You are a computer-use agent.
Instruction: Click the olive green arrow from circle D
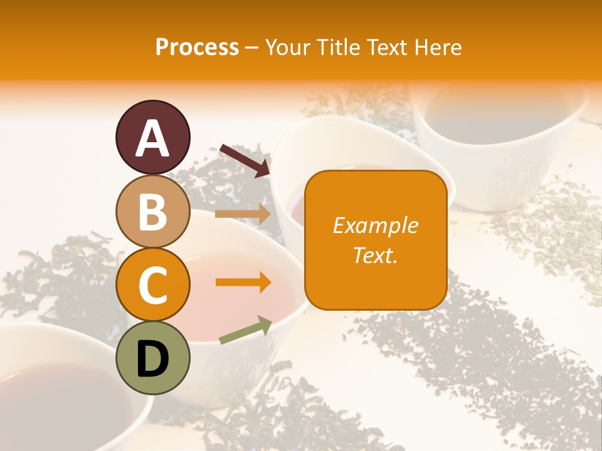(x=245, y=330)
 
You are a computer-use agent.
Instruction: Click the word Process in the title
(x=197, y=47)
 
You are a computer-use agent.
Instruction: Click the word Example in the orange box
(x=376, y=225)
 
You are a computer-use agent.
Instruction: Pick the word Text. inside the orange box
(x=376, y=255)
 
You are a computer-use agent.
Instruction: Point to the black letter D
(x=152, y=359)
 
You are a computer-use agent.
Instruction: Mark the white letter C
(x=152, y=286)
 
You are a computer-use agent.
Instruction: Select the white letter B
(x=152, y=212)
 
